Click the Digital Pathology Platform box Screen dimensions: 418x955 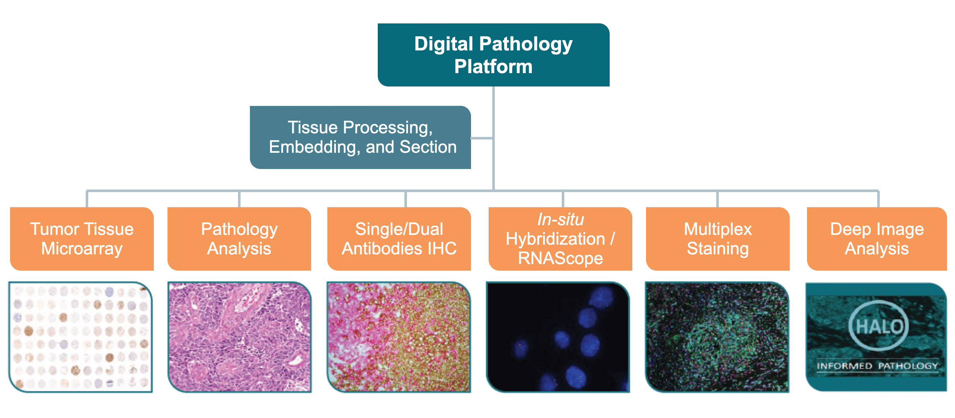tap(493, 55)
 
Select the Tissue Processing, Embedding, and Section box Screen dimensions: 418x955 tap(360, 137)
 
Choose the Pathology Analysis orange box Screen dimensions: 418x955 tap(239, 239)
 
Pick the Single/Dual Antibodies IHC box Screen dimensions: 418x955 tap(399, 239)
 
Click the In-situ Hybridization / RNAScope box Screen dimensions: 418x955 tap(560, 239)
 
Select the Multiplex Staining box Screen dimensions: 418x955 tap(717, 239)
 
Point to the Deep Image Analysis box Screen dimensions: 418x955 tap(877, 239)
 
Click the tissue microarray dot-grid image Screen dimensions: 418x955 tap(81, 337)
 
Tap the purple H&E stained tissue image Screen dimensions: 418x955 tap(239, 337)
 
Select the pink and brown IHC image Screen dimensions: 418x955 tap(399, 337)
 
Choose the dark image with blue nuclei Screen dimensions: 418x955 tap(558, 337)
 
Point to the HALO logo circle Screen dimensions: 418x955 tap(878, 326)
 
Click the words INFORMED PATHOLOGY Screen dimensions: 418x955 tap(877, 366)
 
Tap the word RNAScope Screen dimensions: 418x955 tap(560, 258)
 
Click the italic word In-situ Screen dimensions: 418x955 tap(561, 219)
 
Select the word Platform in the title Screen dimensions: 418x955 tap(493, 67)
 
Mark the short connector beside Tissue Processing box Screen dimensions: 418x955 tap(482, 138)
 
